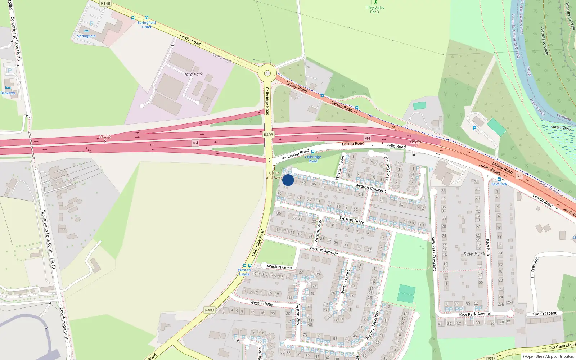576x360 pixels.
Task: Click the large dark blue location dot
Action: coord(288,180)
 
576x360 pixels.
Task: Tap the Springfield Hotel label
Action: coord(147,24)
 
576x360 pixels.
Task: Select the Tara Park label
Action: coord(193,74)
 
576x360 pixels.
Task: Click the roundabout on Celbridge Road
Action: coord(267,73)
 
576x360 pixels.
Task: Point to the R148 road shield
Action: coord(105,3)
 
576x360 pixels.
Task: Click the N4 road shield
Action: coord(519,176)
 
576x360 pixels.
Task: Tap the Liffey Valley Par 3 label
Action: coord(374,10)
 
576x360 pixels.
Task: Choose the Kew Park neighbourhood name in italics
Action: coord(474,253)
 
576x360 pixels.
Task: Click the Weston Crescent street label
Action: coord(370,188)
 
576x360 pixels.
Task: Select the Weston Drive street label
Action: coord(352,220)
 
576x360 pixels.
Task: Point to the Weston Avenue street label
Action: coord(324,251)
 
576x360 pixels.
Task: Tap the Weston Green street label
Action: coord(280,267)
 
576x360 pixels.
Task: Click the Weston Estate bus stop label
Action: coord(244,272)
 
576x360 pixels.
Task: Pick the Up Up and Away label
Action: coord(274,175)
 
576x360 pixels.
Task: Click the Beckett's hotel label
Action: coord(8,93)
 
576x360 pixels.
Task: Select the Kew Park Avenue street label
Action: coord(475,314)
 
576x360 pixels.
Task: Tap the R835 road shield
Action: coord(491,358)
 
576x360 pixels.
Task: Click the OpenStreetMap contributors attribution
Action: coord(548,356)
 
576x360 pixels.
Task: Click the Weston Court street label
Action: coord(345,282)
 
